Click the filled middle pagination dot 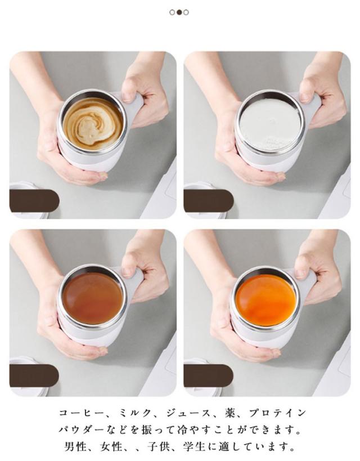[179, 12]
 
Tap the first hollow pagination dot [172, 12]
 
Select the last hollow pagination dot [186, 12]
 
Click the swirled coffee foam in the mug [93, 124]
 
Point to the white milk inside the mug [270, 125]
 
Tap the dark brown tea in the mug [93, 298]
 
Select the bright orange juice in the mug [265, 300]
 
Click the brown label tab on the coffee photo [34, 201]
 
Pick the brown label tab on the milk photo [209, 201]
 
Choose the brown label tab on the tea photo [34, 375]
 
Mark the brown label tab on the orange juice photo [208, 375]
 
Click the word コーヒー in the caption [82, 413]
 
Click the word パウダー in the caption [82, 430]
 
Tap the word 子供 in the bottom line [158, 447]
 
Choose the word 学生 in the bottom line [194, 447]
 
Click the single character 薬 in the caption [230, 413]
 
